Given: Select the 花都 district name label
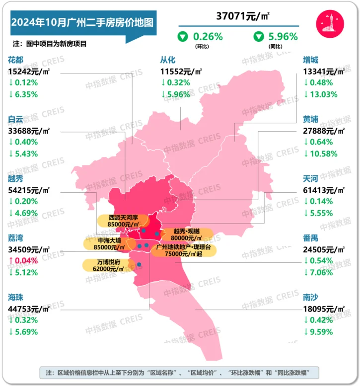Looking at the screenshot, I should pyautogui.click(x=16, y=60).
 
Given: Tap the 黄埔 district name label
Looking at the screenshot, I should pyautogui.click(x=311, y=119).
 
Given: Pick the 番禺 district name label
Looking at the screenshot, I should pyautogui.click(x=311, y=237).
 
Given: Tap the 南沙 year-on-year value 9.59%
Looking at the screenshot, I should pyautogui.click(x=321, y=331).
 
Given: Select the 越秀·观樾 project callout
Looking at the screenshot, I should pyautogui.click(x=187, y=234).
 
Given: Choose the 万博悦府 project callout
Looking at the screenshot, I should pyautogui.click(x=107, y=264).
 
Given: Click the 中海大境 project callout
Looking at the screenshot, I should pyautogui.click(x=105, y=243).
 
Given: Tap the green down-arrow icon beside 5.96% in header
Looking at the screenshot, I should pyautogui.click(x=259, y=36).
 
